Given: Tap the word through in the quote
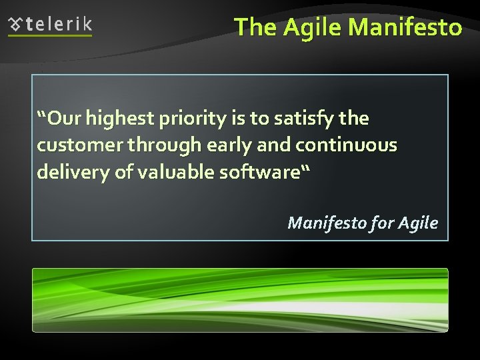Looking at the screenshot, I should click(x=156, y=146).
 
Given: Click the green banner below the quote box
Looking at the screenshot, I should click(x=240, y=299).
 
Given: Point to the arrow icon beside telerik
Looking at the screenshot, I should click(x=15, y=25).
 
